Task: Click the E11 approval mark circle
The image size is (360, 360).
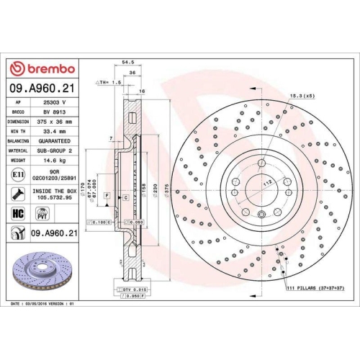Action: [x=18, y=174]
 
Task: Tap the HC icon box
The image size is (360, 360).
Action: [x=18, y=213]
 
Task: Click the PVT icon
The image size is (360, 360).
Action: [x=42, y=213]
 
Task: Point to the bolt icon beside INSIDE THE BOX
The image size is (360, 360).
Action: [x=18, y=193]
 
